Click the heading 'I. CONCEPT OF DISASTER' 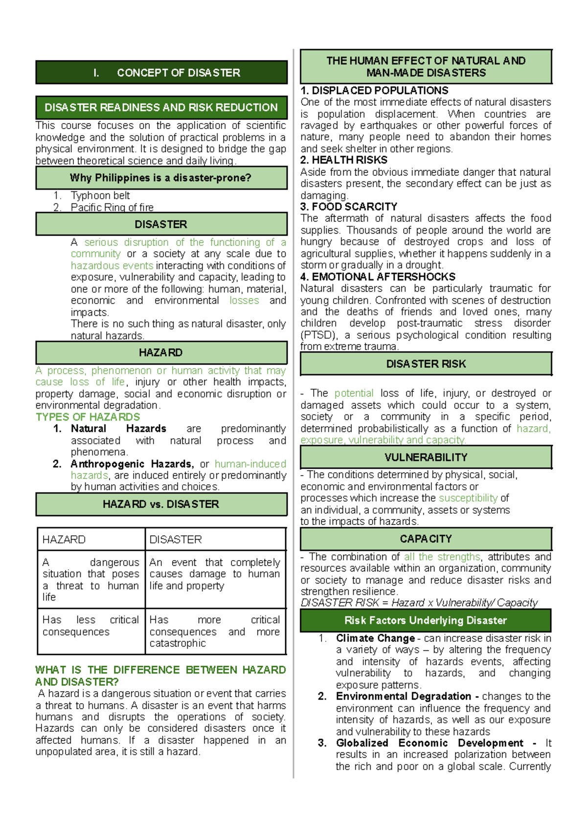pos(161,73)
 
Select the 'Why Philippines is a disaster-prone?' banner pos(161,178)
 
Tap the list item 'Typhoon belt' pos(100,196)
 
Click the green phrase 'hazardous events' pos(112,265)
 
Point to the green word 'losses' pos(244,301)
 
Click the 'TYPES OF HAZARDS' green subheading pos(88,417)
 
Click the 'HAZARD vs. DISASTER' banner pos(161,504)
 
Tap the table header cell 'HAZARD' pos(64,540)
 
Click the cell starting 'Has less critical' pos(90,626)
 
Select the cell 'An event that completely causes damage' pos(215,574)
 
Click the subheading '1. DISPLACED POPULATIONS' pos(374,91)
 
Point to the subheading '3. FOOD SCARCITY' pos(349,207)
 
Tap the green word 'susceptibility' pos(468,498)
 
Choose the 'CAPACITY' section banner pos(426,539)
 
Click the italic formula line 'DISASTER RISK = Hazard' pos(419,603)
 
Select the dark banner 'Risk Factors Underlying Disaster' pos(426,620)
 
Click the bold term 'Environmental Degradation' pos(403,697)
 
